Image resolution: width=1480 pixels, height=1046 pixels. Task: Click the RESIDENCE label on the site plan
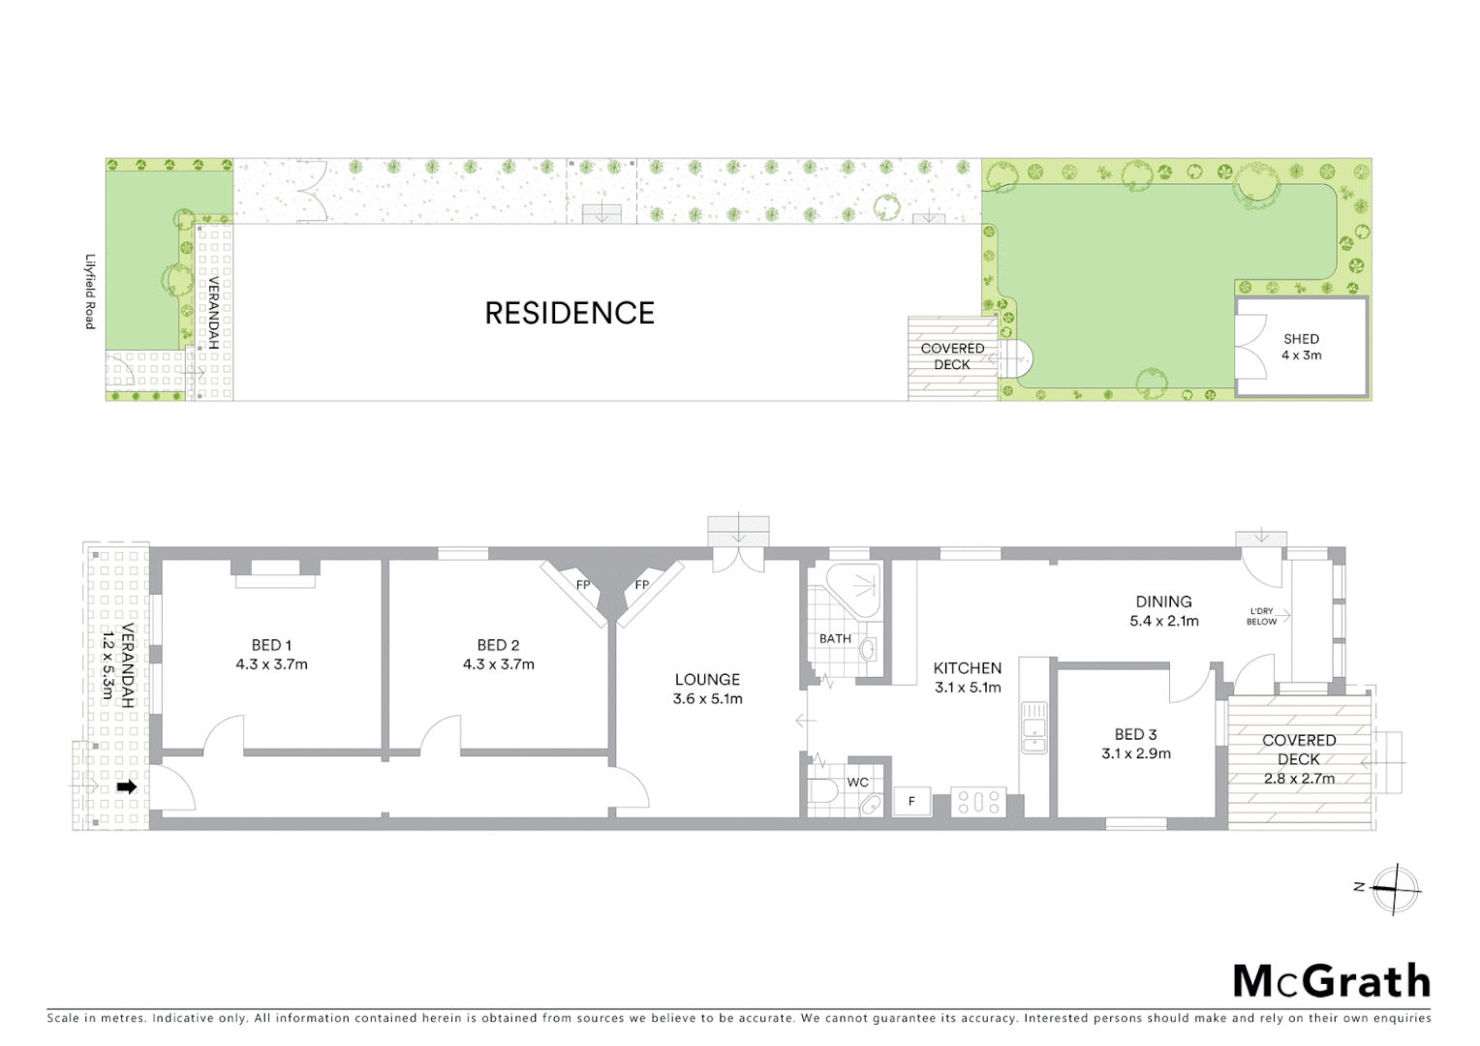pyautogui.click(x=570, y=313)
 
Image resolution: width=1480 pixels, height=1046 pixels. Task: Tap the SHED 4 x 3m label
pyautogui.click(x=1301, y=347)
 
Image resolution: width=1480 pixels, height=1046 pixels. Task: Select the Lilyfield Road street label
pyautogui.click(x=90, y=292)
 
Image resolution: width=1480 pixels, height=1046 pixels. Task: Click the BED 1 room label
pyautogui.click(x=271, y=645)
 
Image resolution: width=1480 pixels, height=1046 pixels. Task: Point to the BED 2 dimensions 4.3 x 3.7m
pyautogui.click(x=498, y=664)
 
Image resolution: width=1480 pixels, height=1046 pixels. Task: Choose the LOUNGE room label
pyautogui.click(x=707, y=680)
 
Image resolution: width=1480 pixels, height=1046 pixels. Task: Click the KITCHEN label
pyautogui.click(x=967, y=668)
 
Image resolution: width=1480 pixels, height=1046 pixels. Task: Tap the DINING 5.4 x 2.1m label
pyautogui.click(x=1163, y=611)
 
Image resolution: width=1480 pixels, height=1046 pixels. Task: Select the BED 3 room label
pyautogui.click(x=1135, y=734)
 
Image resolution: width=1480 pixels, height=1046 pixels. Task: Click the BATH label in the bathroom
pyautogui.click(x=835, y=638)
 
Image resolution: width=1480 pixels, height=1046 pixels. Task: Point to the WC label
pyautogui.click(x=858, y=783)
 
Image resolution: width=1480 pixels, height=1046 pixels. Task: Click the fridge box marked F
pyautogui.click(x=911, y=802)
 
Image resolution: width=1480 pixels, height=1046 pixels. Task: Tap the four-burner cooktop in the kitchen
pyautogui.click(x=977, y=802)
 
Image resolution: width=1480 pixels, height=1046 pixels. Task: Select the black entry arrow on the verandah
pyautogui.click(x=127, y=787)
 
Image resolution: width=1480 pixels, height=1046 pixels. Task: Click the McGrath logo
pyautogui.click(x=1331, y=981)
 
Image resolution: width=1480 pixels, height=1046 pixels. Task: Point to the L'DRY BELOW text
pyautogui.click(x=1261, y=616)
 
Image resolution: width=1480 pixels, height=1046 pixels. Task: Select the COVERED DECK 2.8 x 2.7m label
pyautogui.click(x=1299, y=758)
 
